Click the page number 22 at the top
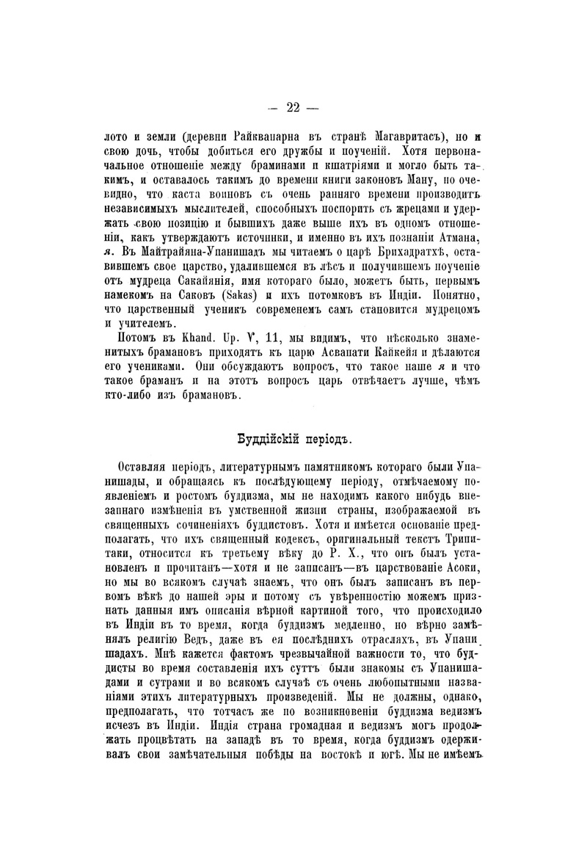click(293, 107)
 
